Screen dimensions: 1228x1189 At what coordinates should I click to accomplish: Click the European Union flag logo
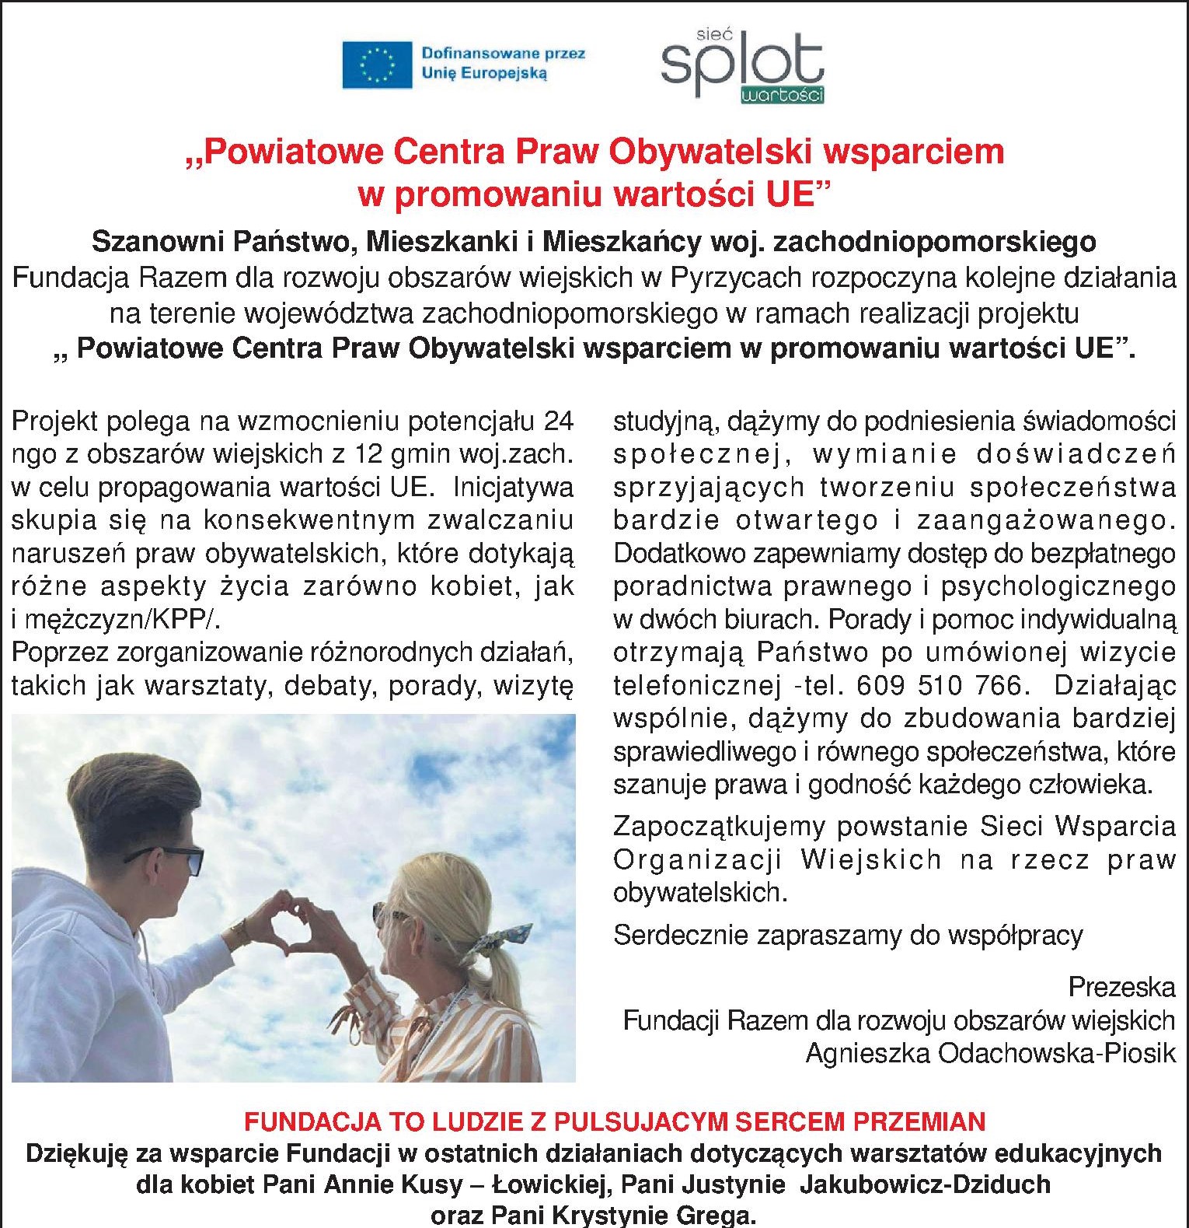[x=377, y=65]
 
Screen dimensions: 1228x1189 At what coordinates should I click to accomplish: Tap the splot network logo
[x=742, y=66]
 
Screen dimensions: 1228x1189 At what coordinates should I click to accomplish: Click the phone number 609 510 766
[x=939, y=685]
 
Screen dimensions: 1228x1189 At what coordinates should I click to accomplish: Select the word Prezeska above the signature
[x=1121, y=987]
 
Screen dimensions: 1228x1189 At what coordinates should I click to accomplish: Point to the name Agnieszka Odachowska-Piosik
[x=990, y=1053]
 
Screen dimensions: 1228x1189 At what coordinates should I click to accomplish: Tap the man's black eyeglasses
[x=175, y=856]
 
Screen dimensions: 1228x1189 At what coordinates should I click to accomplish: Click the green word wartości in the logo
[x=782, y=96]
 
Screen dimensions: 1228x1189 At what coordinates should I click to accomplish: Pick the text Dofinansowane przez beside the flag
[x=503, y=54]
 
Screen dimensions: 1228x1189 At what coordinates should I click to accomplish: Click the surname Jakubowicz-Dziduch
[x=925, y=1184]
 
